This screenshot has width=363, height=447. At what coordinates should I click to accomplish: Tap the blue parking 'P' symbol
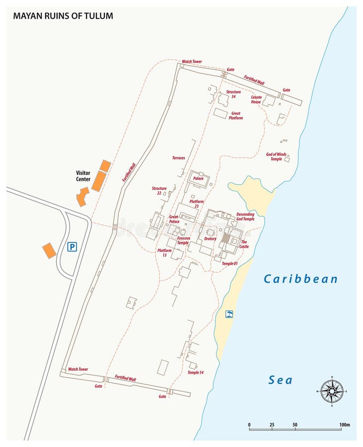click(73, 247)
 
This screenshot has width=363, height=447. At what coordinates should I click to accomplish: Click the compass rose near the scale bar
click(331, 390)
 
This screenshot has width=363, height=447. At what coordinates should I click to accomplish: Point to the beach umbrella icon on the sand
click(229, 314)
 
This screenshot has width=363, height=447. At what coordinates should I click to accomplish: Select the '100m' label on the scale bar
click(345, 425)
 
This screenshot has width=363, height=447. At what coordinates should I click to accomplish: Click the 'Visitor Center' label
click(83, 176)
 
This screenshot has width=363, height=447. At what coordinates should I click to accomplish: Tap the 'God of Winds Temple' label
click(277, 156)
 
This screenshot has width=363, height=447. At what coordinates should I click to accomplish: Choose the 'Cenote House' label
click(256, 99)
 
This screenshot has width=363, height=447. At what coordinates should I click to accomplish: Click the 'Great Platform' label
click(236, 116)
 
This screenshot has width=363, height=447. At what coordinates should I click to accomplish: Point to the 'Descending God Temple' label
click(245, 216)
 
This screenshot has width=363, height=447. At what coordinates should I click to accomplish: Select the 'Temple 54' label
click(196, 372)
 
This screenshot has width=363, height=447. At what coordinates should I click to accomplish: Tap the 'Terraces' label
click(178, 158)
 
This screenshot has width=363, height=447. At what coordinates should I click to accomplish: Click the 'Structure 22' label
click(159, 191)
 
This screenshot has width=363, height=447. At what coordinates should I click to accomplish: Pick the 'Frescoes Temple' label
click(183, 241)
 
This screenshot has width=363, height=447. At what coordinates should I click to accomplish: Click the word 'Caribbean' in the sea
click(300, 279)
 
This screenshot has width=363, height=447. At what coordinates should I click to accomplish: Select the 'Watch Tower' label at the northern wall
click(192, 62)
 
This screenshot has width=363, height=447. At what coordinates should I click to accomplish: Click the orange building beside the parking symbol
click(49, 250)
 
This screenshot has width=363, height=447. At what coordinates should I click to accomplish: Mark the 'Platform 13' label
click(164, 253)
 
